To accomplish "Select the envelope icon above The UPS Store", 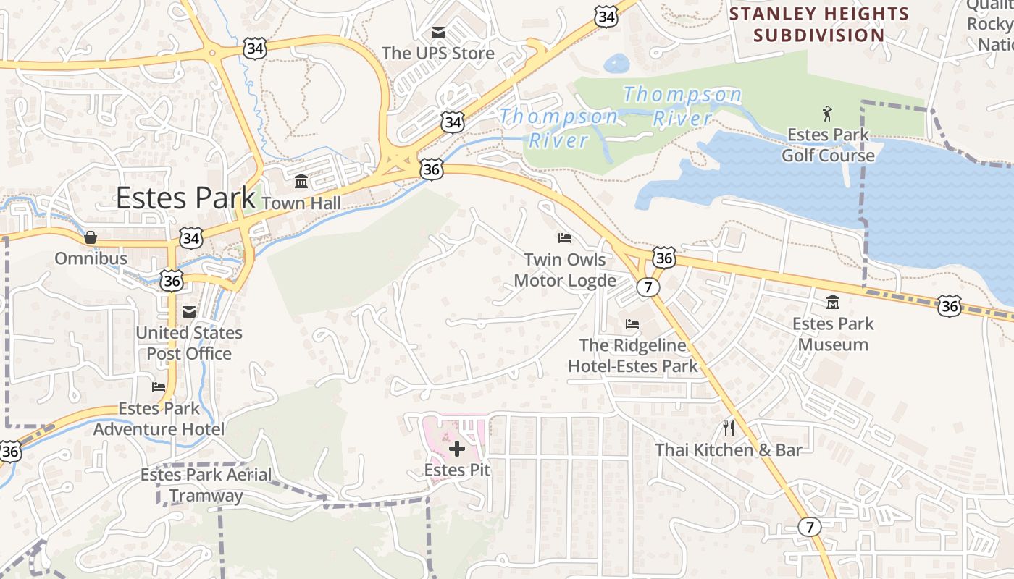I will (x=438, y=33).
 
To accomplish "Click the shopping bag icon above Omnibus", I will (x=91, y=237).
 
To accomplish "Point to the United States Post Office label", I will (x=189, y=343).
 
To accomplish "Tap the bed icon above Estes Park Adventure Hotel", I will (x=159, y=386).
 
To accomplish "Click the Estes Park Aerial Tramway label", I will (x=206, y=485).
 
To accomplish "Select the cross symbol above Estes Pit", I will (x=457, y=449).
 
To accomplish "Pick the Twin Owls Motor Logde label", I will (x=565, y=270).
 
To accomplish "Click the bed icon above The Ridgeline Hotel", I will (x=632, y=324).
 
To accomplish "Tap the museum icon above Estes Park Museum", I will (x=833, y=302).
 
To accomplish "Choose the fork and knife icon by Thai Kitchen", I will (x=729, y=428).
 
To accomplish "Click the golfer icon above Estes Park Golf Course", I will (x=828, y=113).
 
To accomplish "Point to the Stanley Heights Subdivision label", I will (x=819, y=24).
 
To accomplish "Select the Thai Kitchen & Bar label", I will (x=729, y=450).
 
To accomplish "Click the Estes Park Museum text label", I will (x=833, y=334).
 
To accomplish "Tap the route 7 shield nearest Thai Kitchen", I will (x=809, y=527).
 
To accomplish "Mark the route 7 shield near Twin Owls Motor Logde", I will (x=648, y=287).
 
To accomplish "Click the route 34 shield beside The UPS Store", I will (x=453, y=122).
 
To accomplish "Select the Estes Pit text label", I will (x=457, y=470).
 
